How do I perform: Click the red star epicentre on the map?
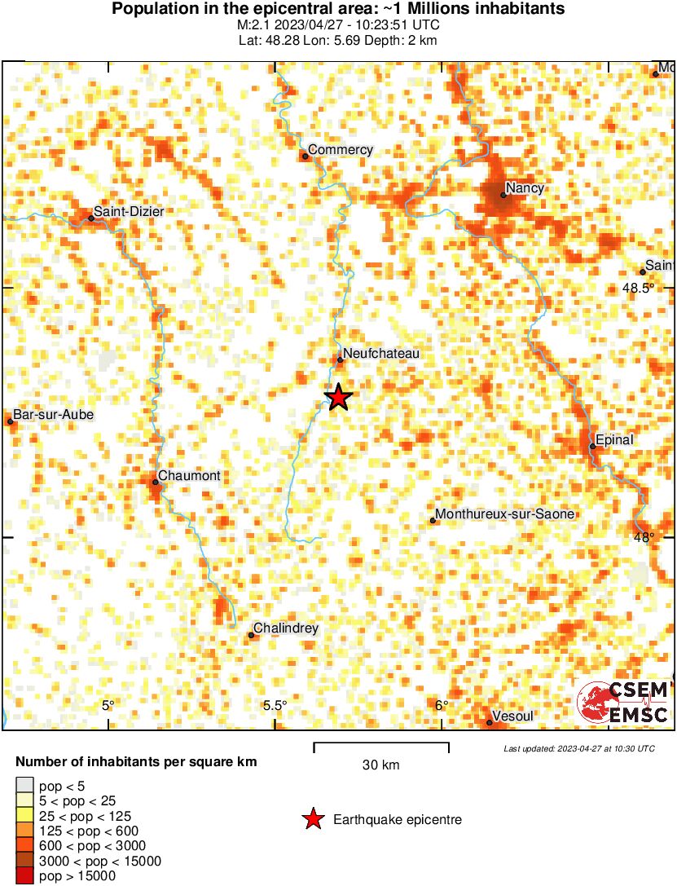click(x=338, y=397)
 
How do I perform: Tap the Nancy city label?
click(x=524, y=188)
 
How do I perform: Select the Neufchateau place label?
click(x=380, y=354)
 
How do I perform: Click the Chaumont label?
click(x=189, y=476)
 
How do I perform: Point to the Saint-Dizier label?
click(x=128, y=212)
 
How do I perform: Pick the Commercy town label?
click(x=341, y=150)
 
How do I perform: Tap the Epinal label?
click(x=614, y=440)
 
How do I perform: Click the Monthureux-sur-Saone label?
click(x=505, y=514)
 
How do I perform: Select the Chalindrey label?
click(x=286, y=628)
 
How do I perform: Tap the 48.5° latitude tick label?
click(x=639, y=288)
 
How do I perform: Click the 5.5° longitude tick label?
click(x=275, y=706)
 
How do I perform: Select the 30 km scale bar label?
click(x=380, y=765)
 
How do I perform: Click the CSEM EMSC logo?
click(x=624, y=703)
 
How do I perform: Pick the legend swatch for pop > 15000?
click(x=24, y=876)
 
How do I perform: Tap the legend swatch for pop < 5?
click(x=24, y=787)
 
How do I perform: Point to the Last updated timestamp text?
click(x=578, y=748)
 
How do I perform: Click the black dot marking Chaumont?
click(x=155, y=483)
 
